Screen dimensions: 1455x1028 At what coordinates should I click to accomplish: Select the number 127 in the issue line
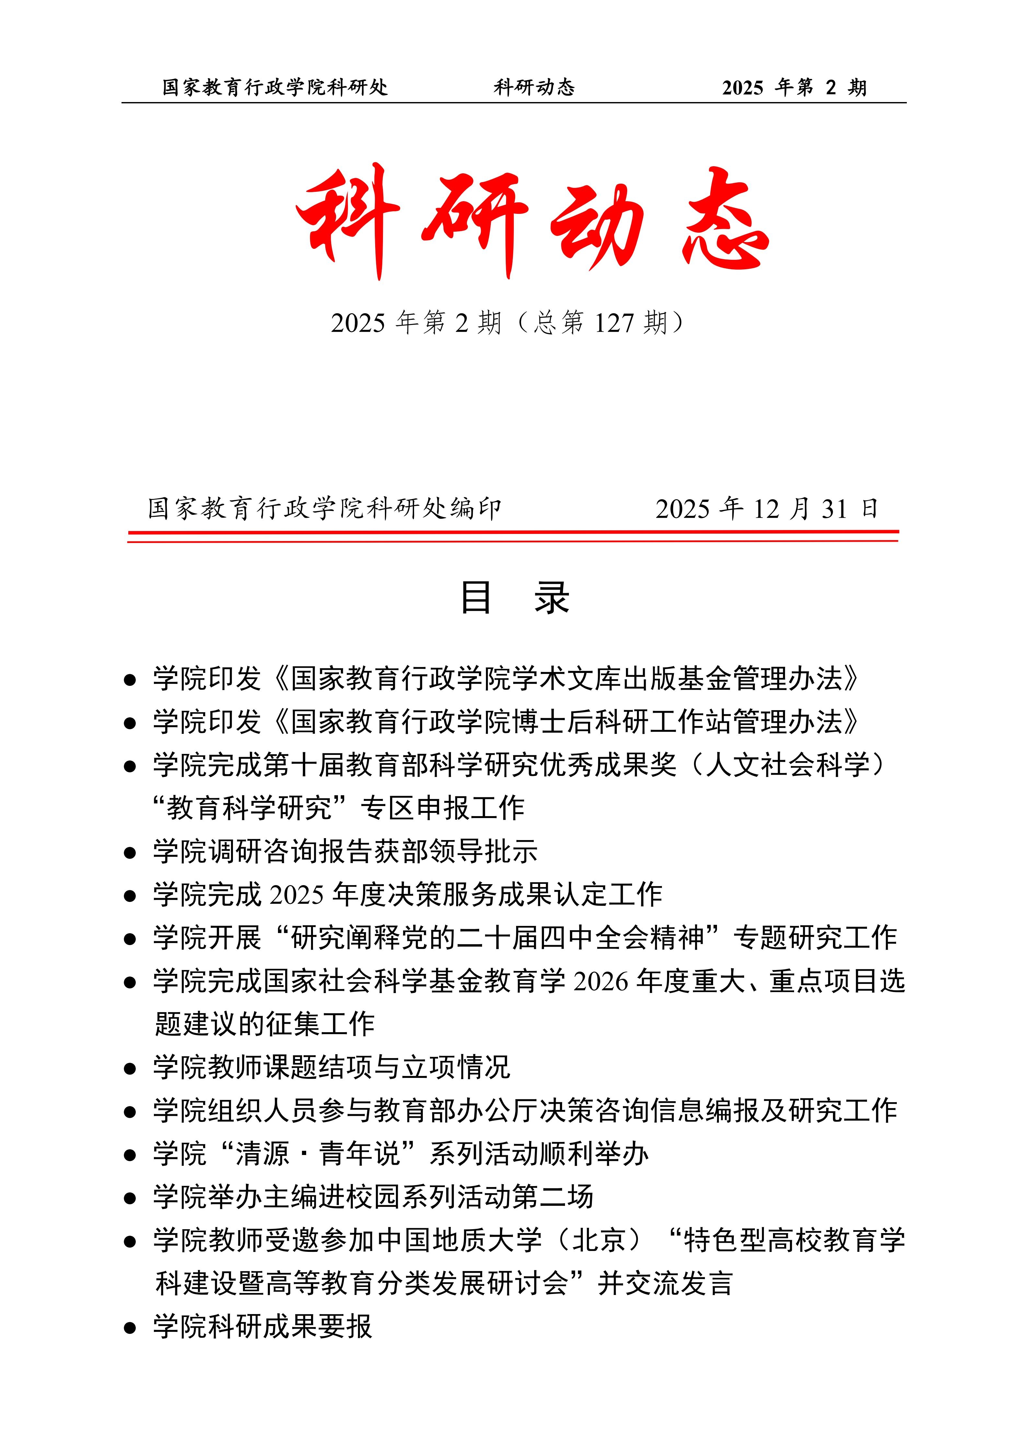(x=614, y=323)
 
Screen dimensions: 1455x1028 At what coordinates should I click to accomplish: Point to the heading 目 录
(x=514, y=598)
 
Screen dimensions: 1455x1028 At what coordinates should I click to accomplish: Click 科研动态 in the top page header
(x=534, y=87)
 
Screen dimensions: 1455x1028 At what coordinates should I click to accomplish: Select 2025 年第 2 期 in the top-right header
(x=793, y=87)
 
